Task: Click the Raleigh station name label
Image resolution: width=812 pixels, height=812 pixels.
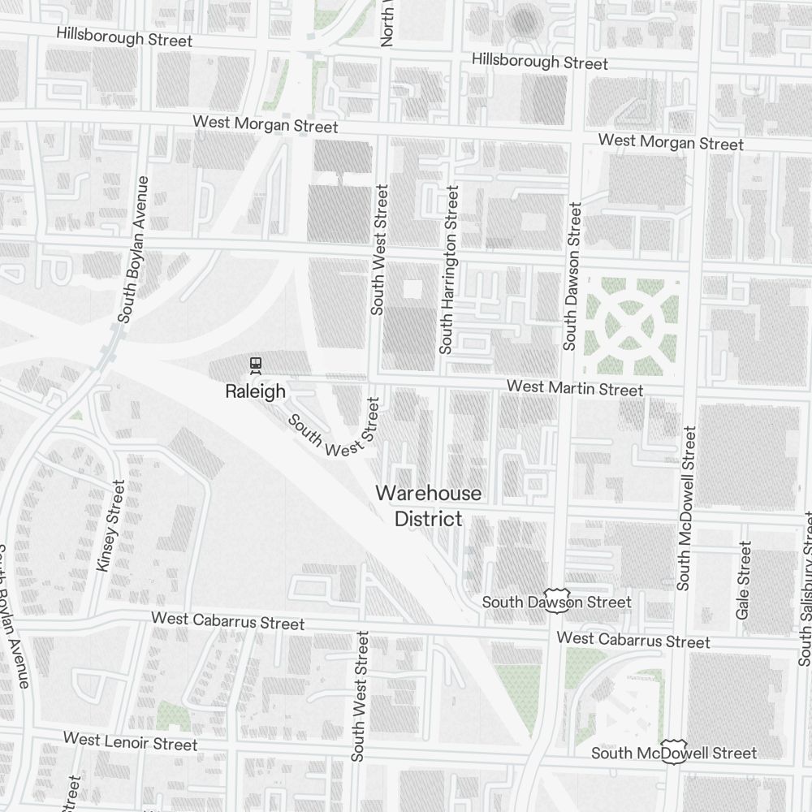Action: click(255, 391)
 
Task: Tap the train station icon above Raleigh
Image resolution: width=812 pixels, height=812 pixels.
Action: click(255, 364)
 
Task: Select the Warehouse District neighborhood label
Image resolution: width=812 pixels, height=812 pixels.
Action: click(428, 506)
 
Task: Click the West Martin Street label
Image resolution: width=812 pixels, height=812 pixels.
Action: click(574, 388)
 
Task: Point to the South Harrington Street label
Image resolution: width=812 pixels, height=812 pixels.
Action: click(448, 270)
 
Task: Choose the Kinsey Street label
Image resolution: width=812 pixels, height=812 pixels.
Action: click(110, 525)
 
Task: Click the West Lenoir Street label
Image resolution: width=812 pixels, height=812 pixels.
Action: click(130, 741)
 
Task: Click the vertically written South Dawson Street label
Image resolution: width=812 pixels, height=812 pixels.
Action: click(572, 276)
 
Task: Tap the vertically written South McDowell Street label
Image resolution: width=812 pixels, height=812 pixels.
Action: click(686, 508)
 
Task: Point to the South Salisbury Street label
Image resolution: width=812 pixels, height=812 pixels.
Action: click(806, 589)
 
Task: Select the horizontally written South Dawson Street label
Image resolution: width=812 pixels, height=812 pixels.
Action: click(556, 603)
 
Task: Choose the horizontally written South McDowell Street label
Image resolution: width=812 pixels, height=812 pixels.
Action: click(673, 754)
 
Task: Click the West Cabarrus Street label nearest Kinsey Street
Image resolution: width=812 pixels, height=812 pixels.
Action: click(228, 621)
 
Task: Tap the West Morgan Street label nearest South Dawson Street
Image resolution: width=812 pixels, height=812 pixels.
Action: click(671, 142)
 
